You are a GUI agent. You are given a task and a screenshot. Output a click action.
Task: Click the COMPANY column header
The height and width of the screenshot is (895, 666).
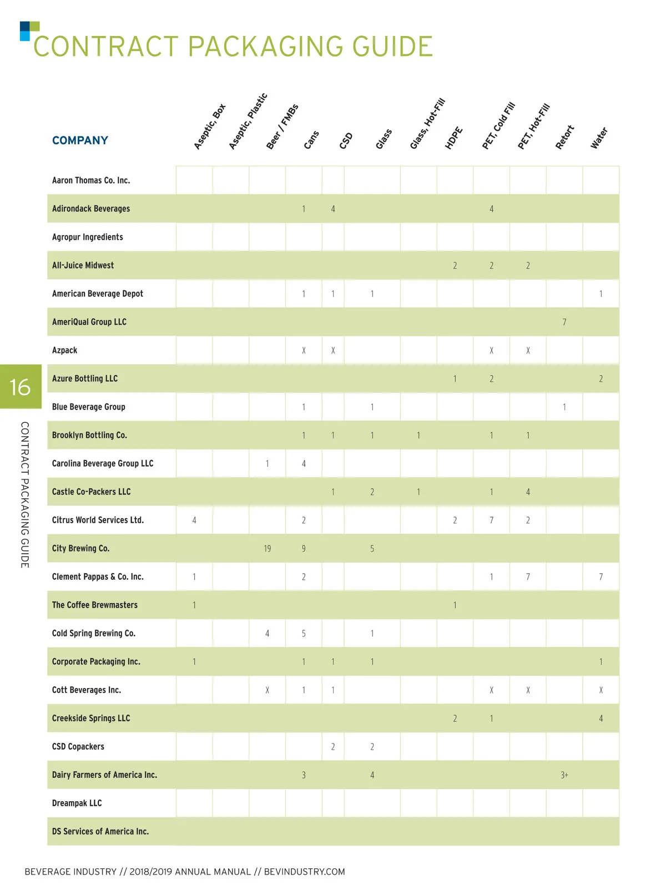coord(80,140)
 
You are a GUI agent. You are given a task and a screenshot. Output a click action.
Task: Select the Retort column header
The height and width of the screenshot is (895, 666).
coord(564,137)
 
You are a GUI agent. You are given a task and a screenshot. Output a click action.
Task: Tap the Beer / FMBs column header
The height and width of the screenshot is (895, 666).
coord(282,127)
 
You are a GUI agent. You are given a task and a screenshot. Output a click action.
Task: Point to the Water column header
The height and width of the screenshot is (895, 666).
coord(599,138)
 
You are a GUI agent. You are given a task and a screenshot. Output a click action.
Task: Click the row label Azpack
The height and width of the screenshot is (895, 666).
coord(64,350)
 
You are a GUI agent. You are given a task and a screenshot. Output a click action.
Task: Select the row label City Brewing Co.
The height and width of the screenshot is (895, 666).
coord(80,548)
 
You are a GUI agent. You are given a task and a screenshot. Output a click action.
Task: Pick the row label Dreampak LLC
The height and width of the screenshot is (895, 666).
coord(77,803)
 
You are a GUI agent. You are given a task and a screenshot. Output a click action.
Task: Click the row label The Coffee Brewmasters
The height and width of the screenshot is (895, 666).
coord(94,605)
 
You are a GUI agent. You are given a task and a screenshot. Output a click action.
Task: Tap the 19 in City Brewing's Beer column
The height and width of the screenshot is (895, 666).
coord(267,549)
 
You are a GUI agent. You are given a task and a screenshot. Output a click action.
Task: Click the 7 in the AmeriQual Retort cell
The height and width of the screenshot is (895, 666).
coord(564,322)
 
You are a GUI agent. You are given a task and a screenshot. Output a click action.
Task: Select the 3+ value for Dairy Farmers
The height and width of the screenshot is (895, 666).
coord(564,775)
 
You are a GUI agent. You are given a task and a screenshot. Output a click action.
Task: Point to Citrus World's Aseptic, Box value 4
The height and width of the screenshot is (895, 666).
coord(194,520)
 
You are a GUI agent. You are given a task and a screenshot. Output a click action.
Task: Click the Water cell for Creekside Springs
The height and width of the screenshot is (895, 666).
coord(601,719)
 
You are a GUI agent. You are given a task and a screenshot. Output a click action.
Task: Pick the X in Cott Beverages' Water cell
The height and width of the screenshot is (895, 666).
coord(601,690)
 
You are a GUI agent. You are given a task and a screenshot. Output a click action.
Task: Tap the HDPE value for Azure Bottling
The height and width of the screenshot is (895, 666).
coord(455,379)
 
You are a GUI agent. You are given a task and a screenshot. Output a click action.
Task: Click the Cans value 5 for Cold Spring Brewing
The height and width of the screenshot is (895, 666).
coord(304,634)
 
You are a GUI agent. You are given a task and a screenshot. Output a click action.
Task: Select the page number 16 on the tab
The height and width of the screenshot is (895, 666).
coord(20,387)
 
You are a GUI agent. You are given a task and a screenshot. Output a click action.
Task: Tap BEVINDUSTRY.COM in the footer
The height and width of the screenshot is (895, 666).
coord(304,872)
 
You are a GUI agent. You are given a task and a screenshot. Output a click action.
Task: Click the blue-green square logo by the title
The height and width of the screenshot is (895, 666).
coord(29,31)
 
